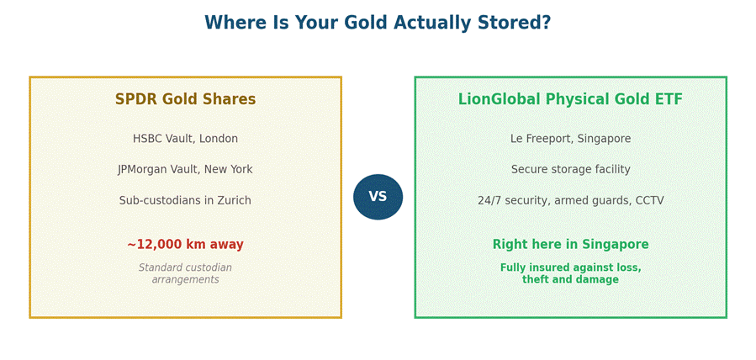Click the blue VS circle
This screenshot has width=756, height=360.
coord(378,197)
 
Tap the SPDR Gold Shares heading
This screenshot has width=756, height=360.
coord(185,99)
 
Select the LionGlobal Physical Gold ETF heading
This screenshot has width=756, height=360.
coord(570,99)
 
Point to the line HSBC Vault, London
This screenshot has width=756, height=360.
coord(185,139)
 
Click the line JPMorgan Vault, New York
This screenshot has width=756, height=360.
coord(185,170)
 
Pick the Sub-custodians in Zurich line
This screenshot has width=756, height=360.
coord(185,200)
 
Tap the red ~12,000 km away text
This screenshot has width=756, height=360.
coord(185,244)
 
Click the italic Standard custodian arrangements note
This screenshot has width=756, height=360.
coord(185,273)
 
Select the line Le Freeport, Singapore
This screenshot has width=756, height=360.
coord(570,139)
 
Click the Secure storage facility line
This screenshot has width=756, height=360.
coord(570,170)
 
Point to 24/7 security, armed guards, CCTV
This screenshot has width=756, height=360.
coord(570,200)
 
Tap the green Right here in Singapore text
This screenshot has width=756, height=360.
coord(570,244)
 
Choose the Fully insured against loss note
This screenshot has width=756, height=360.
coord(570,273)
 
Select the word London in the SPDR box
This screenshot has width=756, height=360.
coord(219,139)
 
